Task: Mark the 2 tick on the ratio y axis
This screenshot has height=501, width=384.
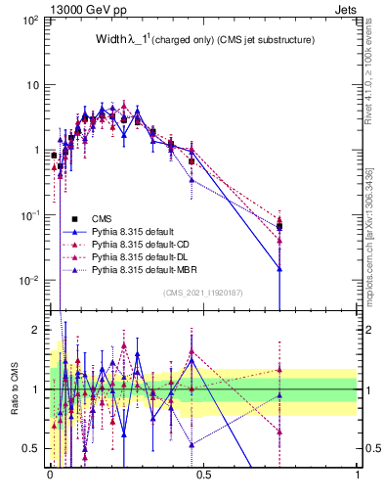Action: point(38,330)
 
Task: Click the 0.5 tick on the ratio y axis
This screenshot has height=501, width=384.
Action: point(34,448)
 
